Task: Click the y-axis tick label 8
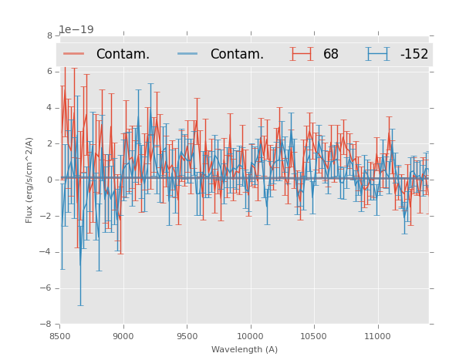coord(49,35)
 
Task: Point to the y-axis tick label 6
coord(49,72)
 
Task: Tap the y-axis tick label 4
coord(49,108)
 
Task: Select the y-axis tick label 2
coord(49,144)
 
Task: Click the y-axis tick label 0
coord(49,180)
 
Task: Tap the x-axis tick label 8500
coord(60,336)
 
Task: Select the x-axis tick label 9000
coord(123,336)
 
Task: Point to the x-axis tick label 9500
coord(187,336)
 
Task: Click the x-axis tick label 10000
coord(250,336)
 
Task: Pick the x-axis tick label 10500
coord(313,336)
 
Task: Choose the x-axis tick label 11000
coord(377,336)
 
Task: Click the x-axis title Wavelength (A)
coord(245,350)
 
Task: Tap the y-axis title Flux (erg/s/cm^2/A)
coord(29,180)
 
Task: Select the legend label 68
coord(331,55)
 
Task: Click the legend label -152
coord(414,55)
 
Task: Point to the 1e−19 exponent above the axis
coord(76,30)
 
